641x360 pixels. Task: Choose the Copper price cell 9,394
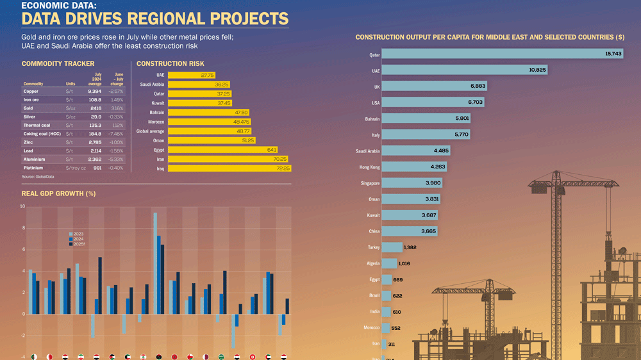coord(94,91)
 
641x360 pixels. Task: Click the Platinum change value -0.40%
coord(117,168)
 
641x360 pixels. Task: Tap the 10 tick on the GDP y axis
coord(22,206)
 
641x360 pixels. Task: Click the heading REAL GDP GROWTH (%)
coord(58,193)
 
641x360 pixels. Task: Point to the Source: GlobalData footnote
coord(37,177)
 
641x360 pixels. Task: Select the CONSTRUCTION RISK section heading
coord(171,63)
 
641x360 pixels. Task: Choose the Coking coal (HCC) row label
coord(42,134)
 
